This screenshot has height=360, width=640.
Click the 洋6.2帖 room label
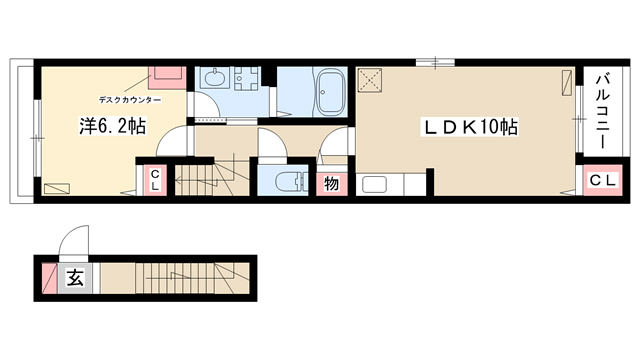tap(112, 127)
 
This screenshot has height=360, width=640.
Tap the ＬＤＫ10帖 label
tap(470, 127)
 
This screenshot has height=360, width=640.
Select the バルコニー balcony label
tap(602, 111)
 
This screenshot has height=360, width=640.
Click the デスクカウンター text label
tap(130, 100)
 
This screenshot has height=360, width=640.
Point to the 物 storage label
tap(331, 184)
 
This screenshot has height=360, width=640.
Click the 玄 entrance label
tap(75, 278)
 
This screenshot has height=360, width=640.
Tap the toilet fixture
tap(291, 181)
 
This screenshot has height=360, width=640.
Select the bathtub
tap(330, 92)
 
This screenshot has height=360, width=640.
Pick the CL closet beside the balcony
tap(603, 180)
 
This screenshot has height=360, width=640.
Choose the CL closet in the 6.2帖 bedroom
tap(155, 180)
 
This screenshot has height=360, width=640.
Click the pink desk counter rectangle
tap(167, 78)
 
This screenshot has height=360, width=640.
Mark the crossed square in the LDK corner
tap(370, 81)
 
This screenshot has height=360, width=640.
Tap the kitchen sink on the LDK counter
tap(374, 184)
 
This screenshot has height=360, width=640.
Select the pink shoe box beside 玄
tap(49, 278)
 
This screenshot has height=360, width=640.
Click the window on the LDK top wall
tap(435, 62)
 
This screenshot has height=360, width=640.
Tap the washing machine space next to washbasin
tap(246, 79)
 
